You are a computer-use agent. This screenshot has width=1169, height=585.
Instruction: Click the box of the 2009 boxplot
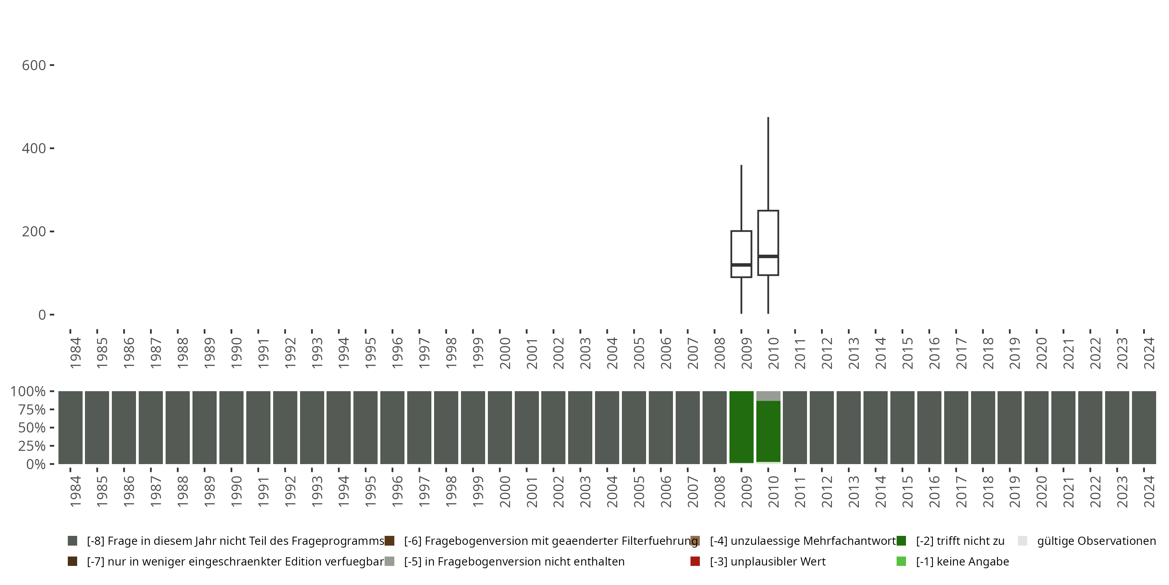pyautogui.click(x=741, y=248)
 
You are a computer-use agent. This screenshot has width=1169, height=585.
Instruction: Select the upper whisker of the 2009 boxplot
pyautogui.click(x=742, y=198)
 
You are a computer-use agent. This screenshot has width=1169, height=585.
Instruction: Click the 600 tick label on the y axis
pyautogui.click(x=34, y=66)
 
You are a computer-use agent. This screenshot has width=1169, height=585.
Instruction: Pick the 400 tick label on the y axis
pyautogui.click(x=34, y=149)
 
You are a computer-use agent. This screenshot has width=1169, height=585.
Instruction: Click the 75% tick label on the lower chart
pyautogui.click(x=32, y=409)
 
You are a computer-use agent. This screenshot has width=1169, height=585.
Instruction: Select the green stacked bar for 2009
pyautogui.click(x=741, y=427)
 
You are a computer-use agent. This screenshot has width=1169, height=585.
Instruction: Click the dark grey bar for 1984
pyautogui.click(x=71, y=427)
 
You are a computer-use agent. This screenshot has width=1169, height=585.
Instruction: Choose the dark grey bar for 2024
pyautogui.click(x=1144, y=427)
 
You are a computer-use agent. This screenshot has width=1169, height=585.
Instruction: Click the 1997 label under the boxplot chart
pyautogui.click(x=424, y=353)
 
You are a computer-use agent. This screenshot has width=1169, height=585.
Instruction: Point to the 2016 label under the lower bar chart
pyautogui.click(x=934, y=491)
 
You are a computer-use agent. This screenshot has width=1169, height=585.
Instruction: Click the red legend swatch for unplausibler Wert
pyautogui.click(x=695, y=561)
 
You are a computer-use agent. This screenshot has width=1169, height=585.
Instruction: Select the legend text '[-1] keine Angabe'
pyautogui.click(x=962, y=561)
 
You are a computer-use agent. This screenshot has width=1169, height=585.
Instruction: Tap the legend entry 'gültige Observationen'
pyautogui.click(x=1096, y=541)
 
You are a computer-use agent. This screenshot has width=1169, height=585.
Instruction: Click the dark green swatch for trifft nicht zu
pyautogui.click(x=901, y=541)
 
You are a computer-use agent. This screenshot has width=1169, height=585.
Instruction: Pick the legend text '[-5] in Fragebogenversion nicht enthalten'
pyautogui.click(x=514, y=561)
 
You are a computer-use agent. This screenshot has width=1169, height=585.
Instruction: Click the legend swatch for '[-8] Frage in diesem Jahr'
pyautogui.click(x=72, y=541)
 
